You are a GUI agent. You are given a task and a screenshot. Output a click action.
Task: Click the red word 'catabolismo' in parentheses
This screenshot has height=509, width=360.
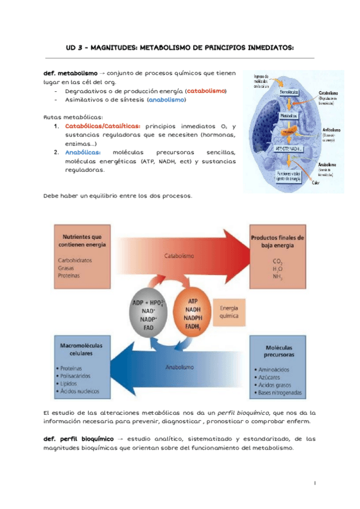coord(206,91)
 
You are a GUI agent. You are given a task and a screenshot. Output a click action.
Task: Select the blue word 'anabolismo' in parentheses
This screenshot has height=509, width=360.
coord(166,100)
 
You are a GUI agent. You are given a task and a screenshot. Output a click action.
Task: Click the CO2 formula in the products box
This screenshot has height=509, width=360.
coord(277,261)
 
